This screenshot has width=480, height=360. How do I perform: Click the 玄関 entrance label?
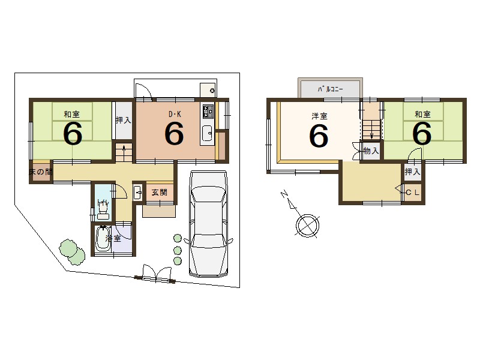click(160, 193)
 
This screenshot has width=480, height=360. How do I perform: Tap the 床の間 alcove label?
click(41, 172)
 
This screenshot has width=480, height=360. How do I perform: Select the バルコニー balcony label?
click(331, 89)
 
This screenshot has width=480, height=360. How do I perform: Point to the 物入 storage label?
click(371, 151)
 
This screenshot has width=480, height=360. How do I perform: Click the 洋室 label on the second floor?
click(319, 116)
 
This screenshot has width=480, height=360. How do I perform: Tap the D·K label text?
click(175, 114)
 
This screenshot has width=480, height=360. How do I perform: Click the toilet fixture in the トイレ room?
click(103, 211)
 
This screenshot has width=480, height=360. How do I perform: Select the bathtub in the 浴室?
click(103, 239)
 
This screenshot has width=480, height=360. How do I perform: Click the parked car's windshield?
click(208, 194)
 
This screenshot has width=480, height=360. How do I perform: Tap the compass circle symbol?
click(308, 226)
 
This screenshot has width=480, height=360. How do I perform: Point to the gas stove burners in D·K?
click(208, 112)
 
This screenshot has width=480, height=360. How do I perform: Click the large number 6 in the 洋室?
click(319, 136)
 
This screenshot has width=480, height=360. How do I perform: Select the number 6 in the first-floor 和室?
click(73, 133)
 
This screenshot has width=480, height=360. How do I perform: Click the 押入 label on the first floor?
click(124, 120)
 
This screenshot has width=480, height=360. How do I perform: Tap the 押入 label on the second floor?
click(412, 172)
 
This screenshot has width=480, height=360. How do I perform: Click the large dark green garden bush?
click(72, 251)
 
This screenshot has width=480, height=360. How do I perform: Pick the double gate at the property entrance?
click(155, 274)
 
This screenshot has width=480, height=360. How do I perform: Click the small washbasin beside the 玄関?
click(138, 193)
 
